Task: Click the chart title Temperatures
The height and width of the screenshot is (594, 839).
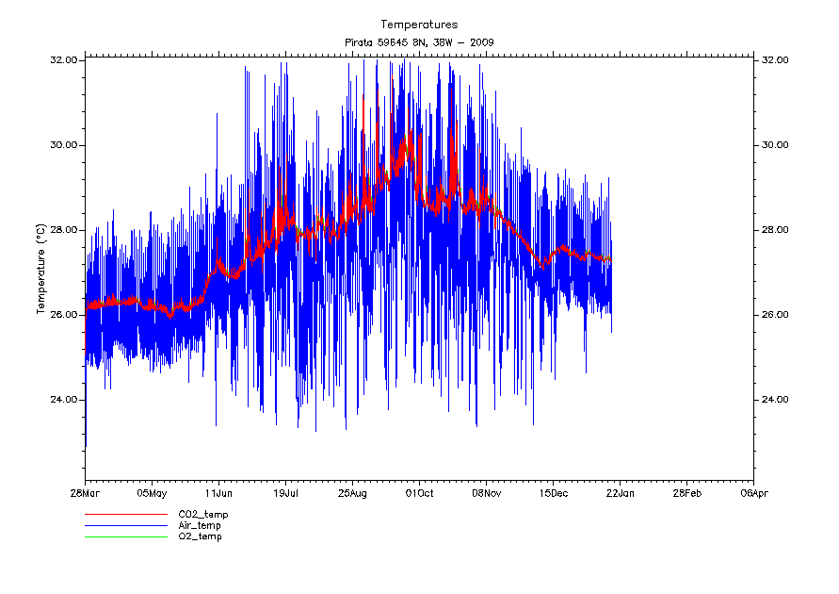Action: [x=419, y=24]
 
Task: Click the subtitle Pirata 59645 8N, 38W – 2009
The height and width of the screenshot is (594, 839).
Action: [x=419, y=42]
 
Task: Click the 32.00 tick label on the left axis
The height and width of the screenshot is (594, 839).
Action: [x=64, y=60]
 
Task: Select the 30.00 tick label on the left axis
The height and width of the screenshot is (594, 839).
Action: [x=64, y=145]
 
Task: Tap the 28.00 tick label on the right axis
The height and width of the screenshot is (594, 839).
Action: [x=775, y=230]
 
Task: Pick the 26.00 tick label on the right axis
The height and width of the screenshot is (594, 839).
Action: [x=775, y=315]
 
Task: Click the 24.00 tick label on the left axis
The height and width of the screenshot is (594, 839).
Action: [x=64, y=400]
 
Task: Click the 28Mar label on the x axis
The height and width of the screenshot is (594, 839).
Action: [x=86, y=492]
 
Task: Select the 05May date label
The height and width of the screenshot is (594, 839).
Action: [x=152, y=492]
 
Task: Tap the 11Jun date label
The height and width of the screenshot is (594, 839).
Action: [x=218, y=492]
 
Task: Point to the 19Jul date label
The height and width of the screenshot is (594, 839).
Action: [x=286, y=492]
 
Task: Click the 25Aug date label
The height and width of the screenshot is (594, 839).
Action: [x=352, y=492]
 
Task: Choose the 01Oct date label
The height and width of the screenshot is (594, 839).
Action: [x=419, y=492]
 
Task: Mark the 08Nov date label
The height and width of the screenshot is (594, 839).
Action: [x=486, y=492]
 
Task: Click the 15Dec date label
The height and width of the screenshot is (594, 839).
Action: [x=553, y=492]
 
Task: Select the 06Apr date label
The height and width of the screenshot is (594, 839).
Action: [x=753, y=492]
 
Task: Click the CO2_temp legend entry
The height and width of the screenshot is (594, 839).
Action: [x=202, y=515]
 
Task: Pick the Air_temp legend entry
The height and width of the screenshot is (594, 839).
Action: [x=200, y=525]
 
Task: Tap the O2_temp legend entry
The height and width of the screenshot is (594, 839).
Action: [x=200, y=536]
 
